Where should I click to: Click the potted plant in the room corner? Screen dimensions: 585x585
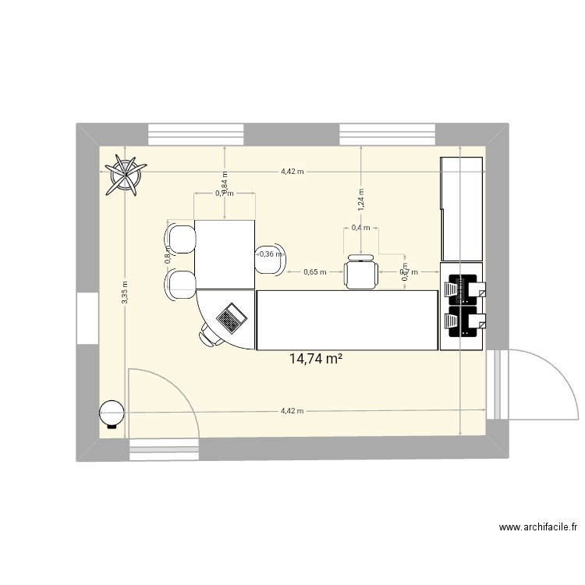click(x=126, y=174)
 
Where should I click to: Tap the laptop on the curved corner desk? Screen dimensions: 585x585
click(x=231, y=318)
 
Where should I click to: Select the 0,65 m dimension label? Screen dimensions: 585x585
click(x=315, y=272)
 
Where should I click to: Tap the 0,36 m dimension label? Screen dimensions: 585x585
click(x=271, y=253)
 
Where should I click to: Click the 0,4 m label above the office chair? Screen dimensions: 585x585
click(x=361, y=228)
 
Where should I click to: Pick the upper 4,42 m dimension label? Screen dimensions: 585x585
click(x=292, y=172)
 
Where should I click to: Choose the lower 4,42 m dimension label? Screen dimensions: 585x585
click(x=292, y=411)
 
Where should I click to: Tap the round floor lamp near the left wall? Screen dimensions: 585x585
click(x=112, y=413)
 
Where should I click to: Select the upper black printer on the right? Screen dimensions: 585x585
click(x=463, y=287)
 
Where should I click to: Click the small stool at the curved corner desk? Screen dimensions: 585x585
click(x=210, y=336)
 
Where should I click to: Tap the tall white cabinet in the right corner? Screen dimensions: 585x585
click(x=463, y=208)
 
